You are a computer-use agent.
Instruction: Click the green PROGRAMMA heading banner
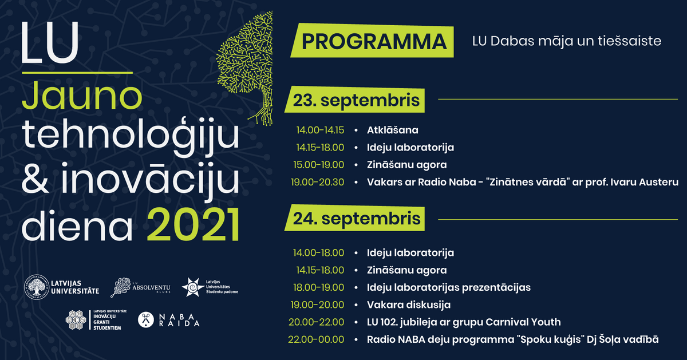[372, 41]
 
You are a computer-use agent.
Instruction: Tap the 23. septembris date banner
[355, 100]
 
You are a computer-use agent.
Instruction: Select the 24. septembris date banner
[355, 217]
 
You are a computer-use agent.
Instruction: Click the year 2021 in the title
[194, 226]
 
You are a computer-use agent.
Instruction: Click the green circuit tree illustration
[245, 68]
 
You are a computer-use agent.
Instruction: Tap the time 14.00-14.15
[320, 130]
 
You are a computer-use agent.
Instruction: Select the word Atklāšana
[393, 130]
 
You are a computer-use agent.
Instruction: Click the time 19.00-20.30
[317, 182]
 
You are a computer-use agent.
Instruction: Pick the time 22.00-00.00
[316, 339]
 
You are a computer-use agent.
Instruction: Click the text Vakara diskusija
[409, 305]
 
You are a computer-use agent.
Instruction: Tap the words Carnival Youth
[523, 322]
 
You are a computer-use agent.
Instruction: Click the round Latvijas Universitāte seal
[37, 287]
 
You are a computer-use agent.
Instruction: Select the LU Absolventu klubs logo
[140, 287]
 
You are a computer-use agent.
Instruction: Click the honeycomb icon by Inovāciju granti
[76, 320]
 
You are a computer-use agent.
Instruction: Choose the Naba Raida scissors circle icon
[145, 320]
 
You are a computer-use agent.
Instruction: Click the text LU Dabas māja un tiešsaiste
[566, 41]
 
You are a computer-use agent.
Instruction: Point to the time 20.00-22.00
[316, 322]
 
